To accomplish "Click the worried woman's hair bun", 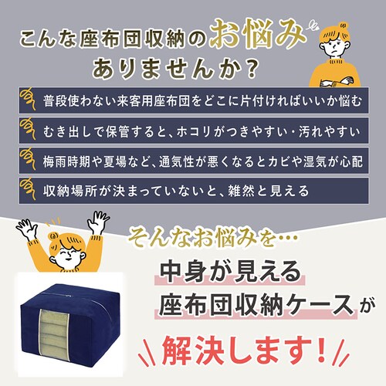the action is pos(343,25).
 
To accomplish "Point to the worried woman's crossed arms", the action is pos(336,83).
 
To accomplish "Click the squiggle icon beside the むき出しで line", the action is pos(28,129).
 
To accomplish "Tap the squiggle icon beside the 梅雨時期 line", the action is pos(28,159).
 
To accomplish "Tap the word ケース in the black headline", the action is pos(318,304).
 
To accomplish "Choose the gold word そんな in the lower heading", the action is pos(160,236).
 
